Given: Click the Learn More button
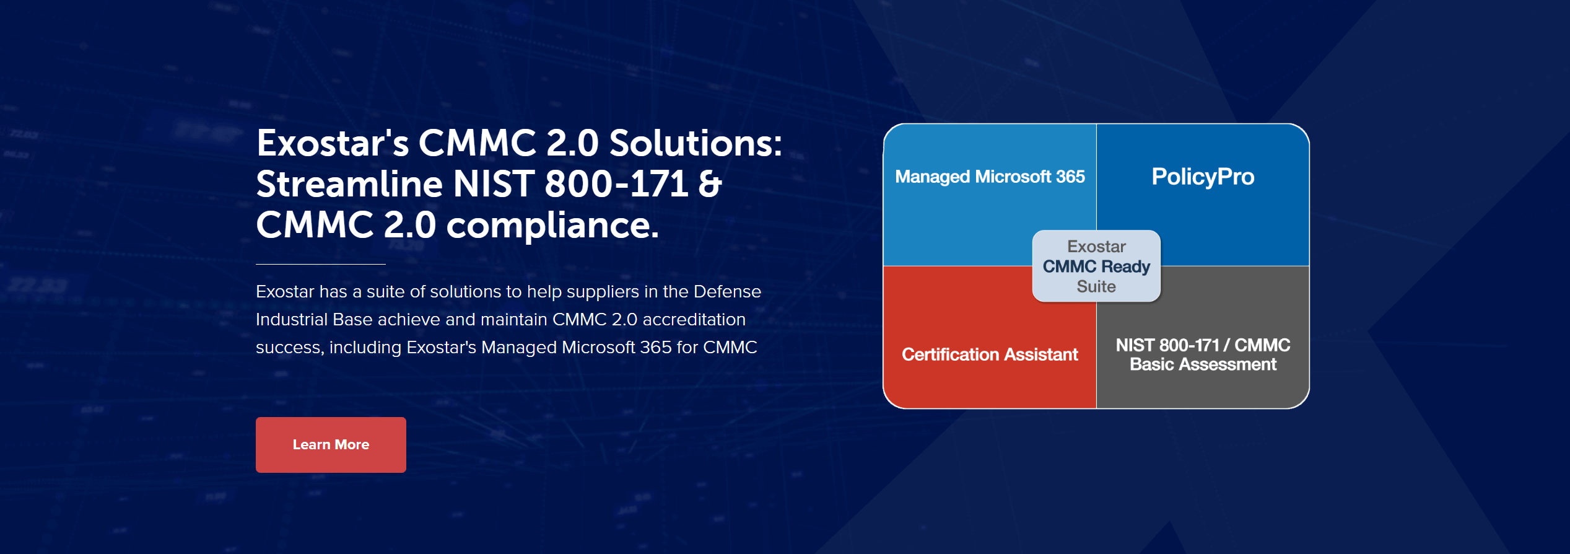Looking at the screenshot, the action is click(331, 444).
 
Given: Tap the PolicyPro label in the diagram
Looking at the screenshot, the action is click(1203, 177).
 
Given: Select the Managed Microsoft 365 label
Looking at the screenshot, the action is click(990, 177).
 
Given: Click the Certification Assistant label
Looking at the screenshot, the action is click(990, 354).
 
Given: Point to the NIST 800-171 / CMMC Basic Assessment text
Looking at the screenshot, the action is click(1203, 354).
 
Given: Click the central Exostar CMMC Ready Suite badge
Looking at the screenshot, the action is click(1096, 266).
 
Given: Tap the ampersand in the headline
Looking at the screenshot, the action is click(710, 184).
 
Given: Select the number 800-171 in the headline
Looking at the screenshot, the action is click(616, 184).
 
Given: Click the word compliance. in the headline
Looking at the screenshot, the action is click(552, 226).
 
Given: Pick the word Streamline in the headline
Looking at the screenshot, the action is click(349, 184).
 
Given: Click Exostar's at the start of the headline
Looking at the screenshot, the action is click(333, 143).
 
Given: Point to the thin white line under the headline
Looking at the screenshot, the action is click(321, 264).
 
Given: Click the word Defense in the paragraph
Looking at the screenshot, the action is click(727, 291).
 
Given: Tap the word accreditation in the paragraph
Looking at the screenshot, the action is click(694, 319).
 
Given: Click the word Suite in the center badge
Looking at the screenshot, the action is click(1096, 286).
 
